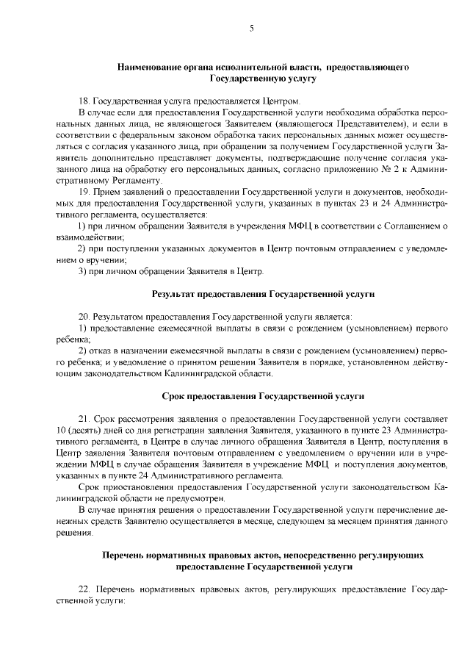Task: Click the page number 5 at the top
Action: click(x=251, y=29)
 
